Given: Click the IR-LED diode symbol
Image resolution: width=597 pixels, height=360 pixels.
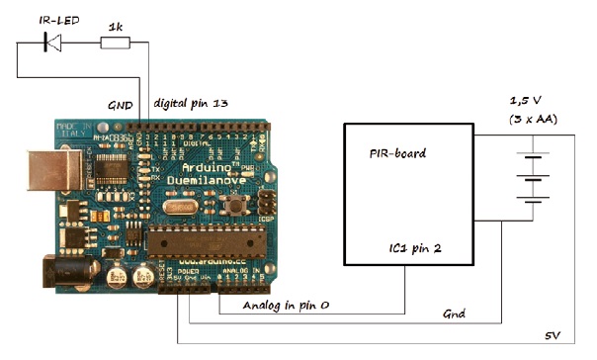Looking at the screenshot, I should point(52,42).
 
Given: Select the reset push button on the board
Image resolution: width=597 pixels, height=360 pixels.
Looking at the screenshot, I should point(237,205).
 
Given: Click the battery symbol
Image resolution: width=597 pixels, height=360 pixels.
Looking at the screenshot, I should point(535,178).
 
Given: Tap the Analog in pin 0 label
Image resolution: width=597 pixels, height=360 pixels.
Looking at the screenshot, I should point(287,306).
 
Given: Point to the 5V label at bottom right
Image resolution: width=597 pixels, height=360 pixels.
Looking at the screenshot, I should point(553,337).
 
